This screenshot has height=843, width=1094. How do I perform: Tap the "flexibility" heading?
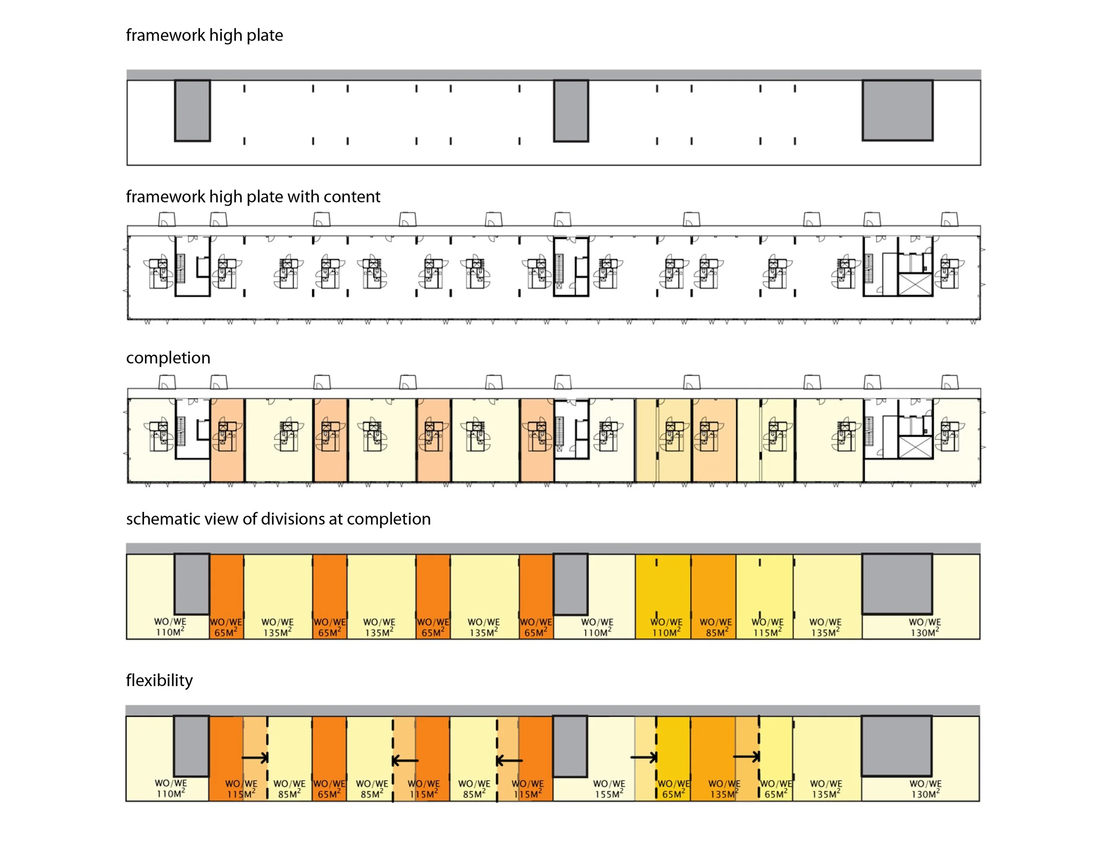point(159,680)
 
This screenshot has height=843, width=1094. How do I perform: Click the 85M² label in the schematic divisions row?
point(715,633)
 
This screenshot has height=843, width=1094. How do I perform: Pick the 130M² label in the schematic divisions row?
point(924,633)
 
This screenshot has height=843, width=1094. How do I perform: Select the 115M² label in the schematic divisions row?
point(767,633)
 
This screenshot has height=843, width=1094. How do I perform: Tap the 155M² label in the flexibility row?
point(609,794)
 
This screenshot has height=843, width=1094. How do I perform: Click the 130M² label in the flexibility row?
point(925,794)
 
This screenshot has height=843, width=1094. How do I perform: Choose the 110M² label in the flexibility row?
point(170,794)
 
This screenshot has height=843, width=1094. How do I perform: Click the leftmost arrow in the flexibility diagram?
point(255,758)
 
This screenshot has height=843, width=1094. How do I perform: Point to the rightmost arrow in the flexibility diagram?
point(747,757)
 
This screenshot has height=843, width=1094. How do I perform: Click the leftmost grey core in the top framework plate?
point(193,111)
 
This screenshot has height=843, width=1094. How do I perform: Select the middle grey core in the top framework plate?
point(571,111)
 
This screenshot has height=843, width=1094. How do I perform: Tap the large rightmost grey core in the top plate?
point(897,111)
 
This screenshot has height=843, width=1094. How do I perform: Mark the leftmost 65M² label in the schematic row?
point(225,633)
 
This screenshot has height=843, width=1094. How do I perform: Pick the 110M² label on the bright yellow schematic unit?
point(666,633)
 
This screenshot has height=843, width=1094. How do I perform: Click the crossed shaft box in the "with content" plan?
point(915,284)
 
